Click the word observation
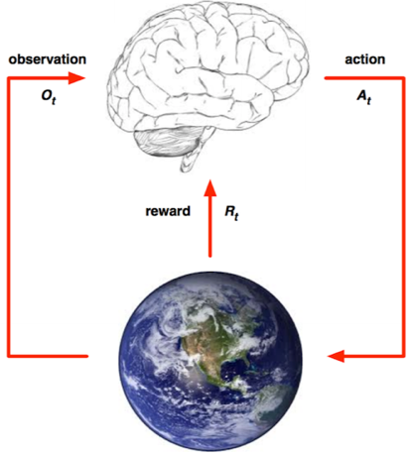pyautogui.click(x=48, y=59)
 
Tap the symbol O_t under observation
pyautogui.click(x=49, y=97)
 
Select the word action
pyautogui.click(x=365, y=59)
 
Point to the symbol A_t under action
pyautogui.click(x=364, y=97)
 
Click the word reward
pyautogui.click(x=168, y=211)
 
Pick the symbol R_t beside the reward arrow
pyautogui.click(x=231, y=212)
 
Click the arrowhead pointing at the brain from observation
pyautogui.click(x=76, y=78)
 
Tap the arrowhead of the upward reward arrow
pyautogui.click(x=209, y=188)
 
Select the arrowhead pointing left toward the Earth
pyautogui.click(x=336, y=356)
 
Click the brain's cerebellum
pyautogui.click(x=168, y=142)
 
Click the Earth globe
pyautogui.click(x=210, y=361)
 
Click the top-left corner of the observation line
pyautogui.click(x=9, y=78)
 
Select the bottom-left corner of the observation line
pyautogui.click(x=9, y=356)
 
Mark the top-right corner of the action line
pyautogui.click(x=403, y=78)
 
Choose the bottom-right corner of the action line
pyautogui.click(x=403, y=356)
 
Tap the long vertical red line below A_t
pyautogui.click(x=403, y=217)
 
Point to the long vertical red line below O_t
pyautogui.click(x=9, y=217)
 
